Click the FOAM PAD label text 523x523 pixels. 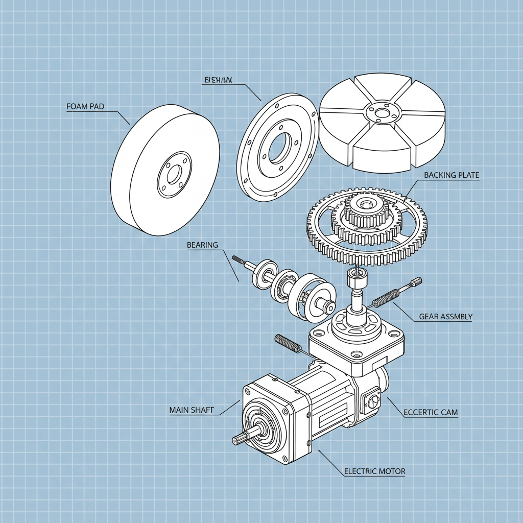coord(85,107)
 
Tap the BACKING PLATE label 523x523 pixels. coord(451,175)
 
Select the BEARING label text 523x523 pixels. coord(202,245)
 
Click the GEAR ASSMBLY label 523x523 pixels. coord(445,317)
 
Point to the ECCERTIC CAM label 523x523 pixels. coord(431,412)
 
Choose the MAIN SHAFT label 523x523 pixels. coord(191,410)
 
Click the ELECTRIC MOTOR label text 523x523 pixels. coord(374,471)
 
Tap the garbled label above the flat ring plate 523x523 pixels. coord(218,80)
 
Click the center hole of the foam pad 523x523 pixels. coord(174,175)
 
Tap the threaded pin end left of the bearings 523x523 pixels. coord(239,260)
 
